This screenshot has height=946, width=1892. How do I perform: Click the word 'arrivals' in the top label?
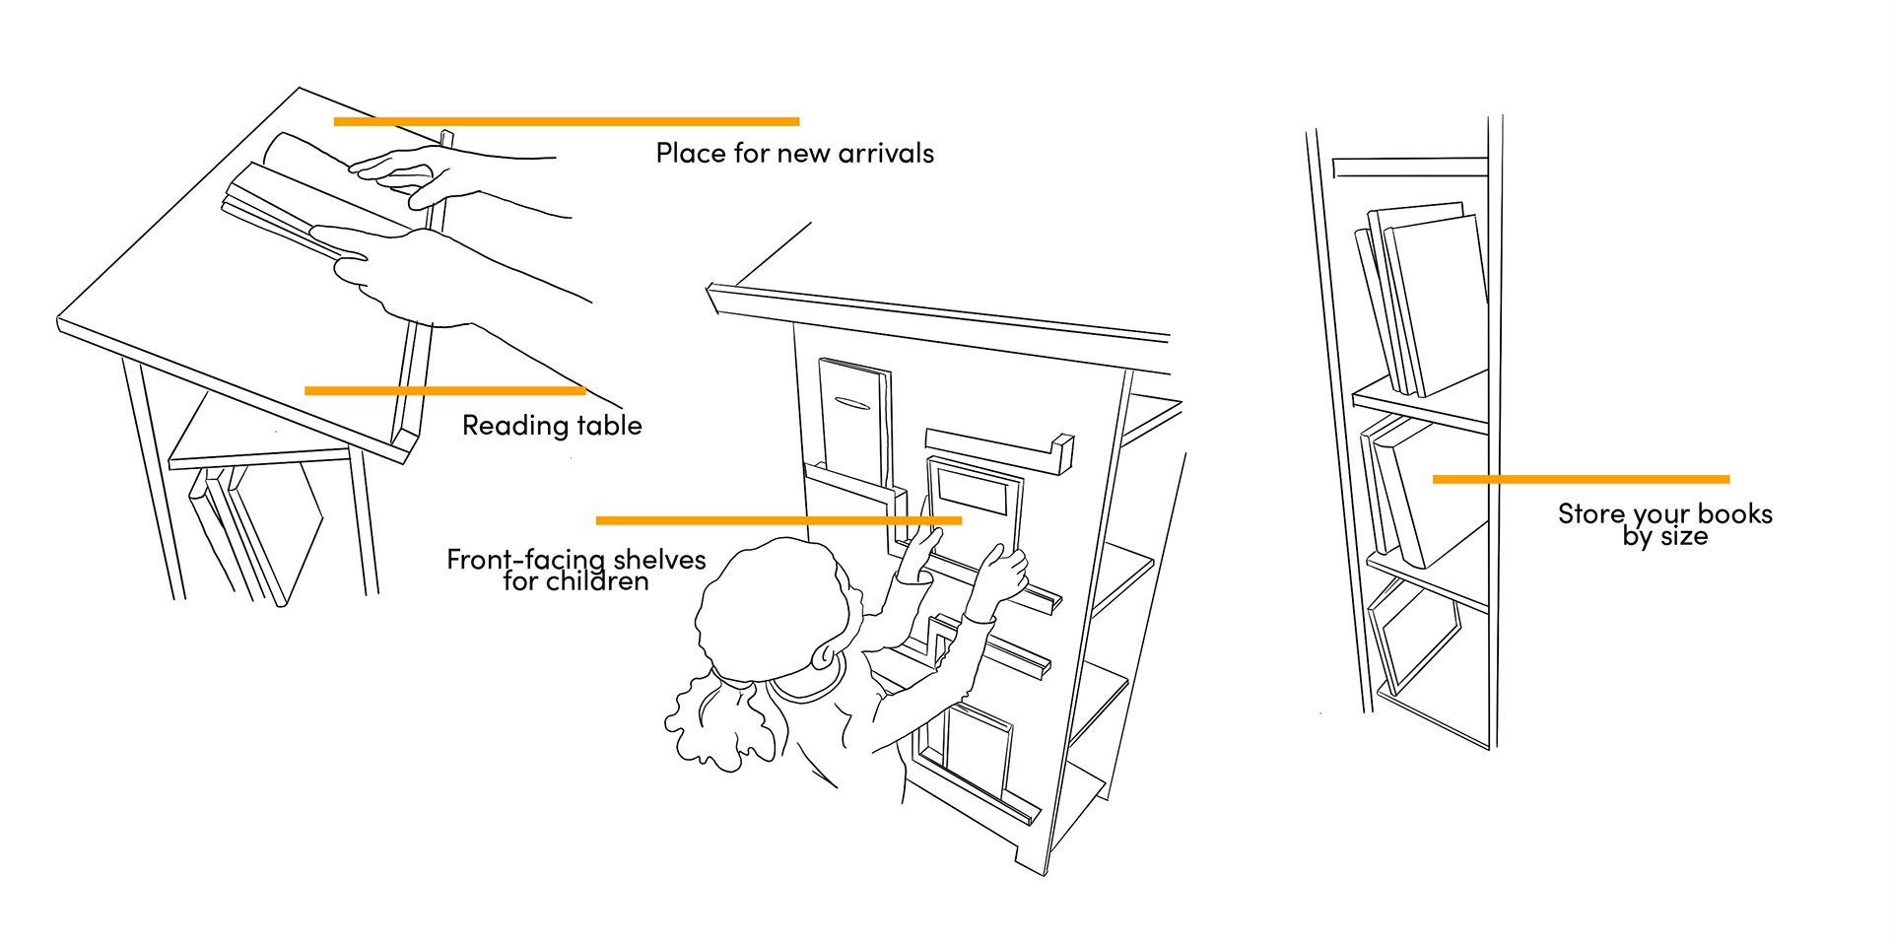pos(885,154)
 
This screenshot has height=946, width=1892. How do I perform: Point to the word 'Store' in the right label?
pos(1590,513)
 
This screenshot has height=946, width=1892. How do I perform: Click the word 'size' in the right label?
pos(1684,537)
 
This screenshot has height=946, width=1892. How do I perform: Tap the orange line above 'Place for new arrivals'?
pos(566,121)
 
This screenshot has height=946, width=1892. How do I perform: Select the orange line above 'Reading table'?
pos(444,390)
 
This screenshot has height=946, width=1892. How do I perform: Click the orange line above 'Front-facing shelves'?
pos(778,519)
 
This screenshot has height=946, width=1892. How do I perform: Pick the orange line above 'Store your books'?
pos(1581,479)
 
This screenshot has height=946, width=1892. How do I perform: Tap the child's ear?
pos(824,652)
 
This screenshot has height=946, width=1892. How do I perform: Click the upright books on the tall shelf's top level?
pos(1424,296)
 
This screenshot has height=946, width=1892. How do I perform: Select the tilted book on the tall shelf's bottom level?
pos(1414,636)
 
